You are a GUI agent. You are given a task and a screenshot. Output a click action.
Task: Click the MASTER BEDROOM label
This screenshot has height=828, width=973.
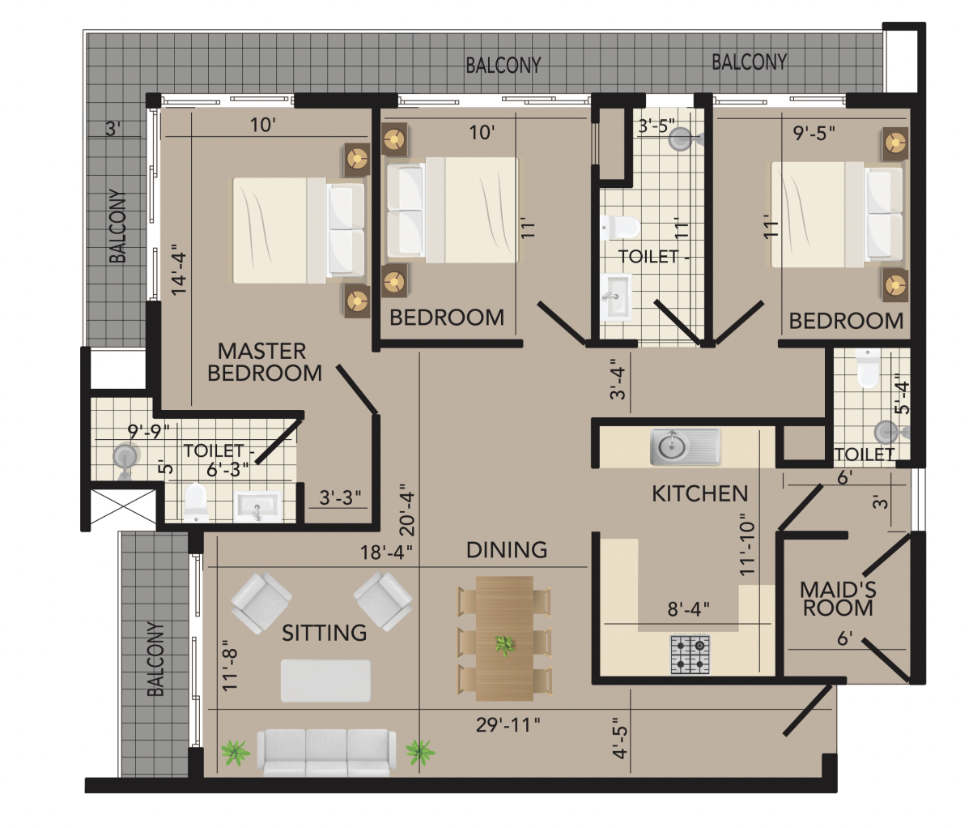point(265,362)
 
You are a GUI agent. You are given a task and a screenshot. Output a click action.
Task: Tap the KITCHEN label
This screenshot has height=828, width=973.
point(699,494)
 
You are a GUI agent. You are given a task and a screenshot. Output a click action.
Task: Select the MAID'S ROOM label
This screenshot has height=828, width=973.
point(838,599)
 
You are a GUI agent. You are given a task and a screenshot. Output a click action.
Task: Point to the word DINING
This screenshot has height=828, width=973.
point(507,550)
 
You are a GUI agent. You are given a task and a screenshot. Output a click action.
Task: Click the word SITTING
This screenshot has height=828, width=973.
point(325,633)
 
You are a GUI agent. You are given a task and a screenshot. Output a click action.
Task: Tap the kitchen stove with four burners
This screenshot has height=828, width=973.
point(690,655)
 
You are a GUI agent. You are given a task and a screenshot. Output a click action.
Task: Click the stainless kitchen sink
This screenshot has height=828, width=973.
point(685,446)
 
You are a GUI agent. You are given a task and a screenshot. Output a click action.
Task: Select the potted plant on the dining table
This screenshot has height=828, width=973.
point(504,645)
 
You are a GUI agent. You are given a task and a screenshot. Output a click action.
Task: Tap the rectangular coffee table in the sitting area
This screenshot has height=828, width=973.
point(325,681)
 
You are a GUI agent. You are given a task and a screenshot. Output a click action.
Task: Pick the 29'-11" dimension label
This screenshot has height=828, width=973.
point(508,725)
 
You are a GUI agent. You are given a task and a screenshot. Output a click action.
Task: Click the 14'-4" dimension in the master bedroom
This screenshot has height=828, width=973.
point(180,270)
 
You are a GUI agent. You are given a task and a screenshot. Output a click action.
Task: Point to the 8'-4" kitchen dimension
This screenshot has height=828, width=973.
point(688,609)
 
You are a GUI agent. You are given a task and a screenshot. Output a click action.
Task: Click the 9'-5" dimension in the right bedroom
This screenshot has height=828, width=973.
point(814,134)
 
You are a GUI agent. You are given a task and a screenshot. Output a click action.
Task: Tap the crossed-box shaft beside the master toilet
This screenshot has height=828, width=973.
point(123,506)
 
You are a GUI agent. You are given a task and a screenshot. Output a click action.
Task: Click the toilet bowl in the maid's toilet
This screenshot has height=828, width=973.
point(868,368)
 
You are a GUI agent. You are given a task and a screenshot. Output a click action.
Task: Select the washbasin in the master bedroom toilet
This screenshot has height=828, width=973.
point(257,506)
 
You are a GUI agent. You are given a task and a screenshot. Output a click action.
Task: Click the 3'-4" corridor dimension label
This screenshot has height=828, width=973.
point(618,379)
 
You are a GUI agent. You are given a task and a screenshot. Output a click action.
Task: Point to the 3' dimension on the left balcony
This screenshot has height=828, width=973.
point(113,128)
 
